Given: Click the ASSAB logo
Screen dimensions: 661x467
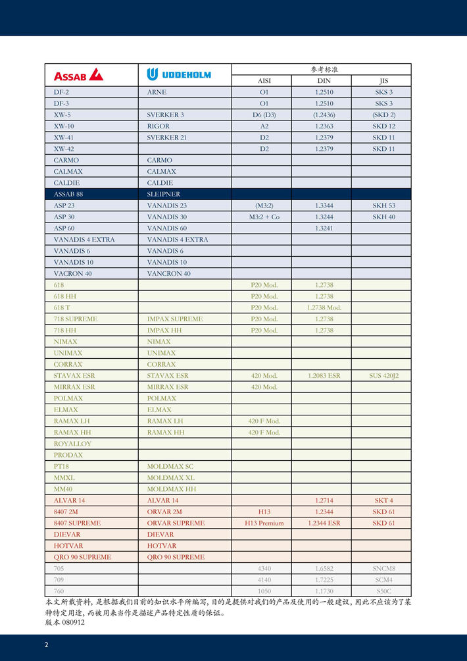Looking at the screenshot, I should coord(78,74).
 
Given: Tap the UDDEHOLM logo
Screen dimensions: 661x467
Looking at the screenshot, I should coord(179,74).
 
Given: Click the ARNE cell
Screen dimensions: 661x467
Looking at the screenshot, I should coord(157,92).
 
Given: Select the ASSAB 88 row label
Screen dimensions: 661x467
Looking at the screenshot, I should coord(68,194).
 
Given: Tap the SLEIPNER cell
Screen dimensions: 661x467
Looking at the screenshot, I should coord(163,194).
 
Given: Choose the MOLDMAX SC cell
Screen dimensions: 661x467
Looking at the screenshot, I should coord(170,466).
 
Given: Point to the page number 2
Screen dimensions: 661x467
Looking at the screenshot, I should coord(46,645).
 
